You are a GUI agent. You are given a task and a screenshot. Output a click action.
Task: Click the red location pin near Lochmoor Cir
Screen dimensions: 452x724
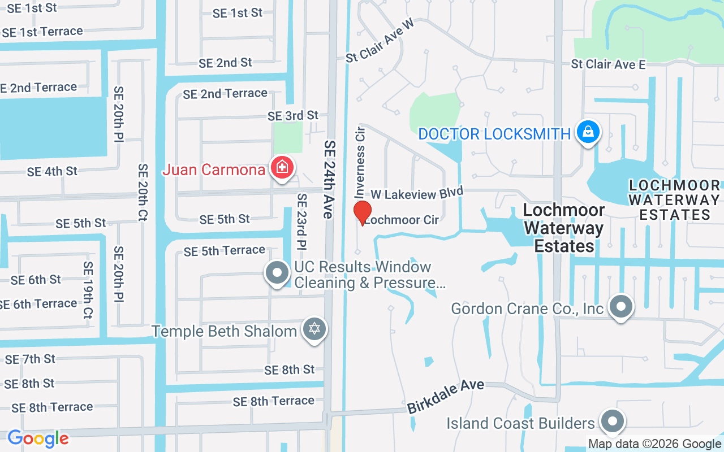(x=362, y=212)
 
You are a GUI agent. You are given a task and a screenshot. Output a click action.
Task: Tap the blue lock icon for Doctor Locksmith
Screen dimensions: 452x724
(x=588, y=132)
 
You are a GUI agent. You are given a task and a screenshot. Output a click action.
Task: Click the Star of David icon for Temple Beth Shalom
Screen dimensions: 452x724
(x=314, y=329)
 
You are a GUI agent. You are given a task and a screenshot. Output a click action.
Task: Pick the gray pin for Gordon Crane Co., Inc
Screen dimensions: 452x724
(x=621, y=307)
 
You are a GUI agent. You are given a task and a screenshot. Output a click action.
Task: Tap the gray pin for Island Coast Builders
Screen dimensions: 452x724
(x=611, y=421)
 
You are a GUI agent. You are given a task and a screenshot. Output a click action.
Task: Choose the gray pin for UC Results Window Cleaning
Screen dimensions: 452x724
(x=277, y=272)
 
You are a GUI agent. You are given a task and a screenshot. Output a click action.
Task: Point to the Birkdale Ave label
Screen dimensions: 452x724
(x=446, y=394)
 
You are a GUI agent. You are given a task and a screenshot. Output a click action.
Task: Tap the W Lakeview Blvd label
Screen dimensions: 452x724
(x=416, y=193)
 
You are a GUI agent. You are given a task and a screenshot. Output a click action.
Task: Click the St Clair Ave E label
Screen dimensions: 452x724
(x=608, y=64)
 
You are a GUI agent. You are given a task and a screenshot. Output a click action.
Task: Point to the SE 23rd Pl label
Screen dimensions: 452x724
(x=302, y=222)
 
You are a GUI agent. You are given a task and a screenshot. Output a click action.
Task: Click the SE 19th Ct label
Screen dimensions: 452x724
(x=88, y=289)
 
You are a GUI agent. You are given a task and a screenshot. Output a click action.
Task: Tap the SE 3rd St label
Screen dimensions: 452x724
(x=293, y=115)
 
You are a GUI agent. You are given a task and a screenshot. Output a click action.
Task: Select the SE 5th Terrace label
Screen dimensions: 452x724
(x=224, y=250)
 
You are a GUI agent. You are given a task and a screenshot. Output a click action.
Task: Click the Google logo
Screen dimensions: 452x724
(x=38, y=438)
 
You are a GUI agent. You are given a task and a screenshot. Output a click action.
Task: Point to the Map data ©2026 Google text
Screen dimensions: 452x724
(x=654, y=444)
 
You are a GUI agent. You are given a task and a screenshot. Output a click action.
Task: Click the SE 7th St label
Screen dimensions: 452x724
(x=30, y=359)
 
